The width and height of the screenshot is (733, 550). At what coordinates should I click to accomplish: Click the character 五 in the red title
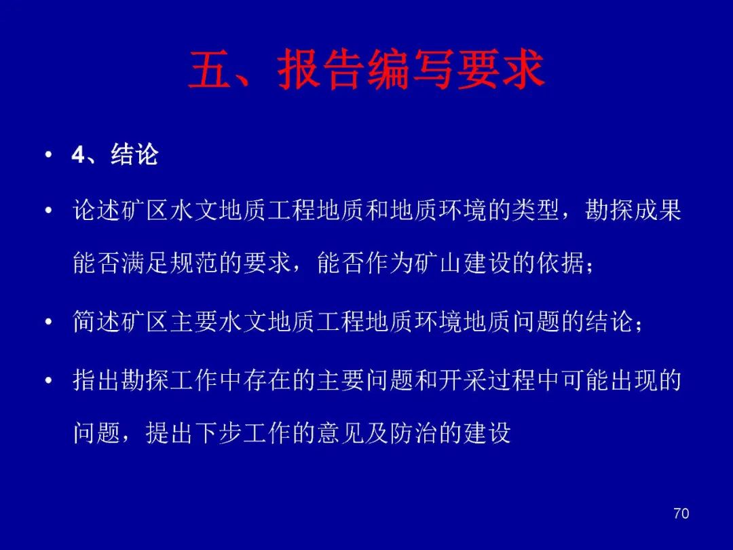point(210,69)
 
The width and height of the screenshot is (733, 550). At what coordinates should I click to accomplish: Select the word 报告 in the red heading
point(321,69)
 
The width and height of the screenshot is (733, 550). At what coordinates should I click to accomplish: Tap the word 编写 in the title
point(410,69)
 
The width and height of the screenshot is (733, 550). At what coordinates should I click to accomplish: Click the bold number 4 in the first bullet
point(77,155)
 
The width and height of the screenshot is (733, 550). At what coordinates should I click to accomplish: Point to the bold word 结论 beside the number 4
point(134,154)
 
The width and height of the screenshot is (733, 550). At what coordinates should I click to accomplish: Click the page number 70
point(681,513)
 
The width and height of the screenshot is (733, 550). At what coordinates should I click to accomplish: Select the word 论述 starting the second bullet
point(97,210)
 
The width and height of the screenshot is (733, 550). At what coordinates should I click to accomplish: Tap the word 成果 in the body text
point(657,210)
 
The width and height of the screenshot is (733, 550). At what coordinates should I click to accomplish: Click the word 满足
point(145,263)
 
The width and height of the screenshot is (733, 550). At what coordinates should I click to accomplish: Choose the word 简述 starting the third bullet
point(97,322)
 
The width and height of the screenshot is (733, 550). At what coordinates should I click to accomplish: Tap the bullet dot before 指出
point(48,381)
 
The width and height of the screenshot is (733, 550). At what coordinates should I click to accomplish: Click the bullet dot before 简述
point(48,323)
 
